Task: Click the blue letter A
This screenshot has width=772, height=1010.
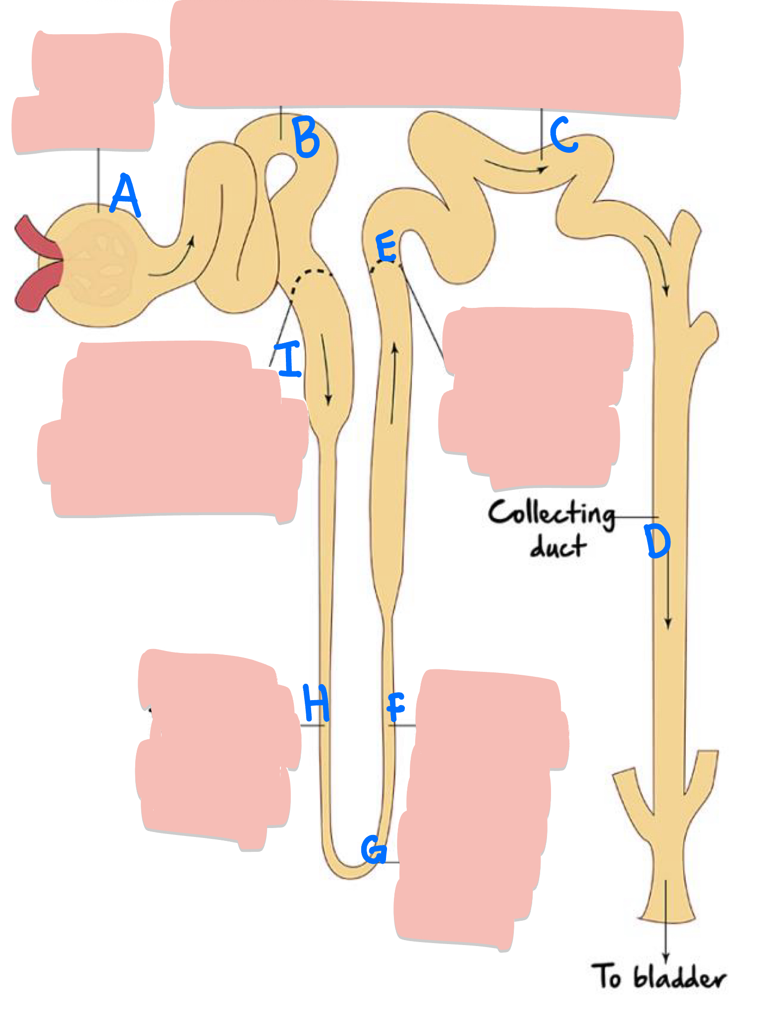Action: tap(125, 195)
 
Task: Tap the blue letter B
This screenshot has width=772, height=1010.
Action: tap(306, 137)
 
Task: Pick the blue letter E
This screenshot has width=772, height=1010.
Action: tap(386, 246)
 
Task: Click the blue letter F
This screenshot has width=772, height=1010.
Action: tap(396, 707)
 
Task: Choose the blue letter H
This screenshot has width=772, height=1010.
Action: tap(316, 703)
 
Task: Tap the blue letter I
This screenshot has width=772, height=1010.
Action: tap(290, 358)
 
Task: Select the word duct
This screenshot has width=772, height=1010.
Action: tap(558, 547)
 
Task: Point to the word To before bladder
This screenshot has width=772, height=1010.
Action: tap(607, 976)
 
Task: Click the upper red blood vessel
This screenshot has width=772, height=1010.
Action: tap(36, 238)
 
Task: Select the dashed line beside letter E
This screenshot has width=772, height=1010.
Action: tap(385, 265)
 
